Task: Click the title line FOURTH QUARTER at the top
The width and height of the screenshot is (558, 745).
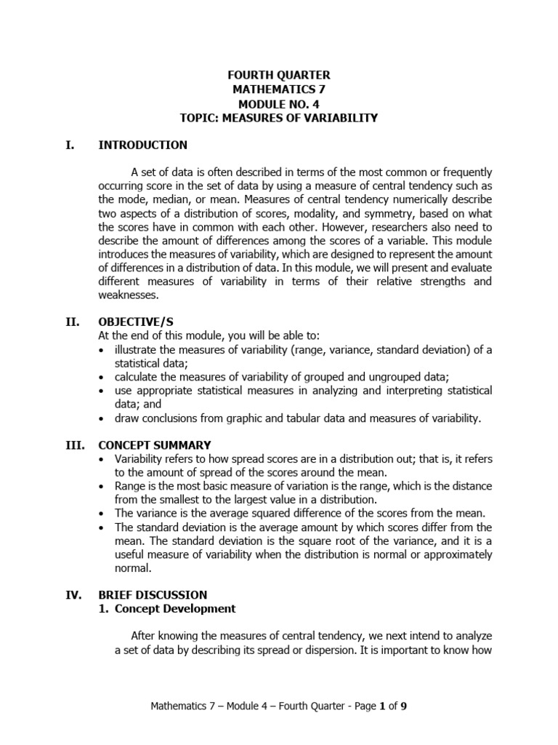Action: coord(279,75)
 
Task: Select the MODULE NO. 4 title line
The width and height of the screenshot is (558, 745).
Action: coord(279,103)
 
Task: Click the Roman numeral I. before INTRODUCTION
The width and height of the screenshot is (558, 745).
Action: coord(70,145)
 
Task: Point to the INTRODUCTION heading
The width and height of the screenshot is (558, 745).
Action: coord(142,145)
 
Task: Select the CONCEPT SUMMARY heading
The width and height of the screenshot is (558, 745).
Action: coord(155,445)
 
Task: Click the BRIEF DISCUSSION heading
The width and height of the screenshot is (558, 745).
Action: coord(153,594)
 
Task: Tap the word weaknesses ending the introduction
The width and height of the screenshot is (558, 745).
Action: coord(127,295)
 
